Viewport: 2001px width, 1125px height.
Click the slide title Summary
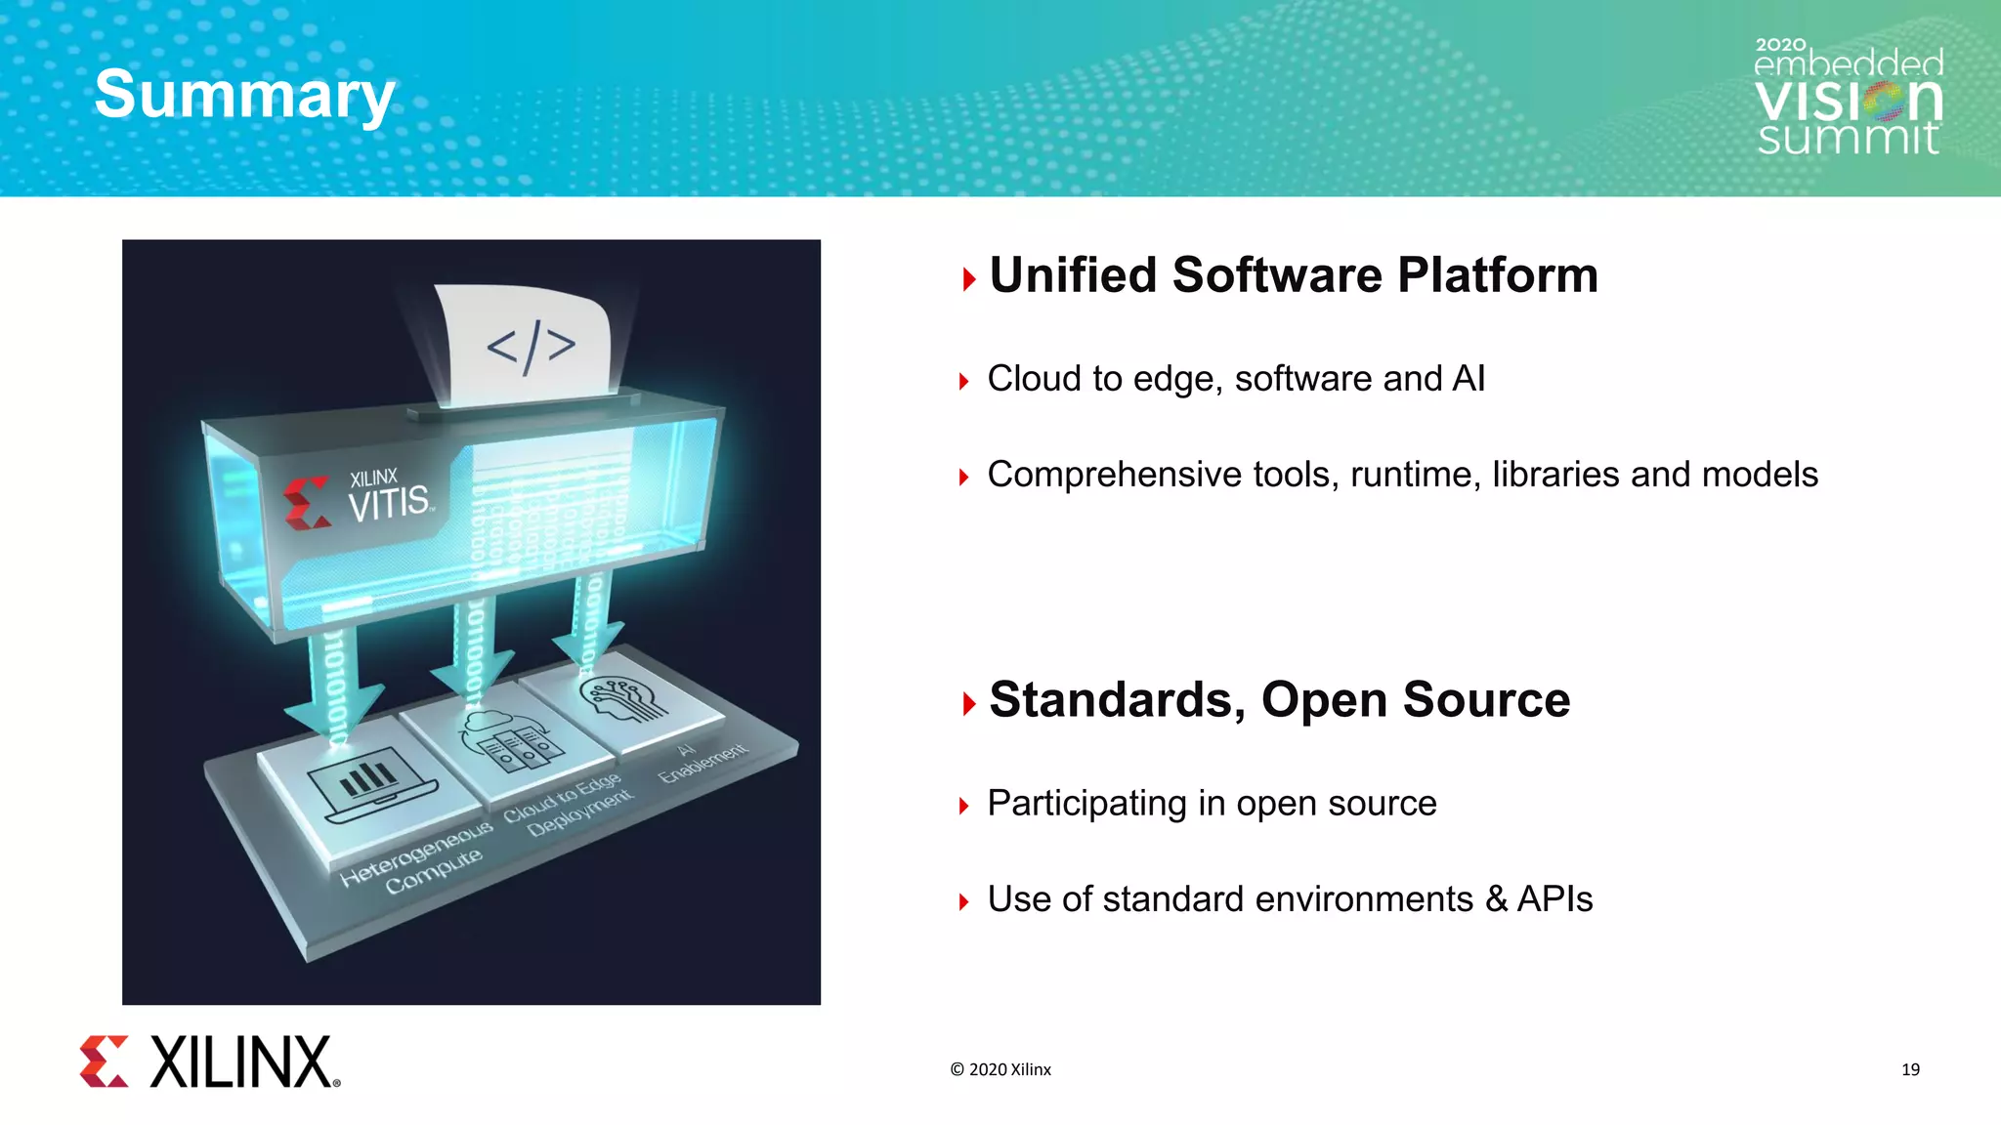point(244,96)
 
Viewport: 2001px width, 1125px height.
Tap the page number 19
point(1910,1069)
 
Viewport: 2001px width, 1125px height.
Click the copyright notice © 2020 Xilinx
point(1000,1069)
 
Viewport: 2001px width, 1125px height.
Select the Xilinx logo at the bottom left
point(210,1062)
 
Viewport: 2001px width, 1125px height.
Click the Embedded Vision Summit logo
point(1848,98)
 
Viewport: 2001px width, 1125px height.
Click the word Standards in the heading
point(1117,700)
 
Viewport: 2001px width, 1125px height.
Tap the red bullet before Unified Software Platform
point(968,280)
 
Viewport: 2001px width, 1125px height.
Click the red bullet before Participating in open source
point(964,806)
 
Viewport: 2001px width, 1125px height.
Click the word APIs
point(1554,899)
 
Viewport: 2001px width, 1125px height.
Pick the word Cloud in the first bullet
point(1034,379)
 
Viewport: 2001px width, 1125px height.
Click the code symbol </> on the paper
point(531,347)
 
